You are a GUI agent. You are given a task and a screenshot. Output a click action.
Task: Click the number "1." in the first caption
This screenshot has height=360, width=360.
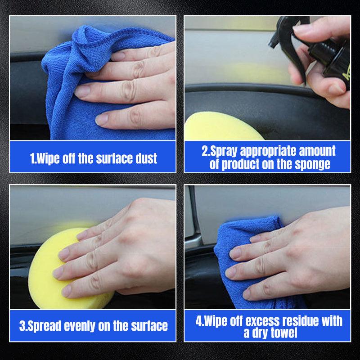33,158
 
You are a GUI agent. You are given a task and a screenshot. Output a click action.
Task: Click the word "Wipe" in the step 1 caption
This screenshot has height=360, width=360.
49,158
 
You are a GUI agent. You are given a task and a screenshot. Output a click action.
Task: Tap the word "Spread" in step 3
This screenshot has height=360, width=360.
45,326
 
